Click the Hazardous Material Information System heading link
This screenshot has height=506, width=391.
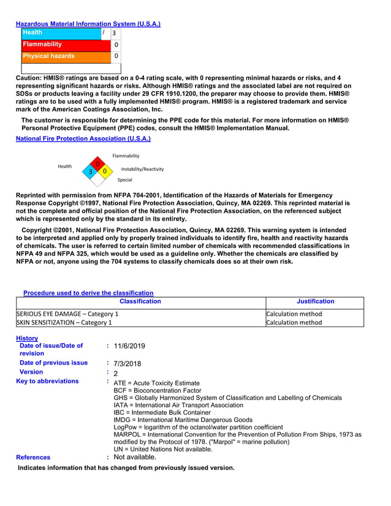[x=88, y=24]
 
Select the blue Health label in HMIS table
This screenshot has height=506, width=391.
[x=32, y=32]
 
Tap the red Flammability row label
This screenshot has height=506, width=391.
[x=42, y=44]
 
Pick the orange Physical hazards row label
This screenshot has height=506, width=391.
[x=48, y=56]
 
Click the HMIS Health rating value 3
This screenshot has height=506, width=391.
[x=114, y=33]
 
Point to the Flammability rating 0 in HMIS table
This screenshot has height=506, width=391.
[x=116, y=45]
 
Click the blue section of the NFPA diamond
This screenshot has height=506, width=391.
[x=91, y=172]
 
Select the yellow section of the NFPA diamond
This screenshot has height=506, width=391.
[x=105, y=171]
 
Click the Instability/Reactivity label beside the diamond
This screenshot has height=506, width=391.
[x=142, y=169]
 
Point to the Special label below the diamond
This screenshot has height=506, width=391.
[x=125, y=180]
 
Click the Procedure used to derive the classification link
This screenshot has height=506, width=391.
[x=88, y=293]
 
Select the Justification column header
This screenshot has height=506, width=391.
[x=315, y=301]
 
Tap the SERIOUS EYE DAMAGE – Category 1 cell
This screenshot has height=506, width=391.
[x=67, y=314]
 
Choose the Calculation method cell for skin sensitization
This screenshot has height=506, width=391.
[x=294, y=322]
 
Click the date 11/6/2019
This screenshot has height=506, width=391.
[x=130, y=346]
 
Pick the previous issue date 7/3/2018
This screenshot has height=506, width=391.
[x=127, y=363]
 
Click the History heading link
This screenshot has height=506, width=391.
[x=27, y=338]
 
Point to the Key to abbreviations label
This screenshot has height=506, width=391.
[x=49, y=381]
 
